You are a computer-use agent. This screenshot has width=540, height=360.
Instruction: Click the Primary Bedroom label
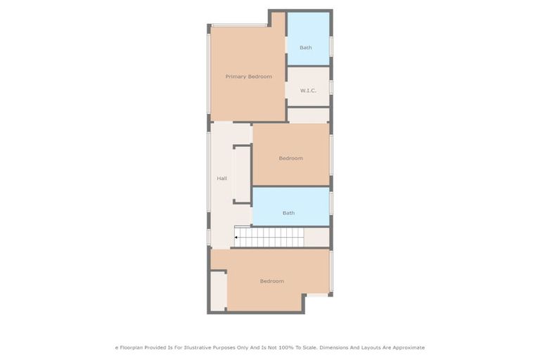pos(248,77)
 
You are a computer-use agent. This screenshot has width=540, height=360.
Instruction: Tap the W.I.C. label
pos(307,91)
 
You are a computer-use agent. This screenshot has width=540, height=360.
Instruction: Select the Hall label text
pos(221,179)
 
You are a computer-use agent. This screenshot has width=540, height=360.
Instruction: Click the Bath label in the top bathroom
pos(305,48)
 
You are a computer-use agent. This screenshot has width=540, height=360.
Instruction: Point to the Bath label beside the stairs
pos(288,213)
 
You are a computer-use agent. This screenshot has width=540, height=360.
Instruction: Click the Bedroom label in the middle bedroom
pos(290,158)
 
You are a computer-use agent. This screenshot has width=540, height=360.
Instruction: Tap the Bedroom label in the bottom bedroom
pos(271,281)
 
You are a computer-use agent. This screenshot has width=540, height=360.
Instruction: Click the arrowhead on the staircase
pos(236,238)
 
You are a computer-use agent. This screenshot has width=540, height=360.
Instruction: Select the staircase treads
pos(270,237)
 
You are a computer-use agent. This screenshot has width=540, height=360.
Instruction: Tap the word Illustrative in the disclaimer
pos(202,347)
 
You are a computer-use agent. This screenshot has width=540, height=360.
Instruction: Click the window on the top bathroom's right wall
pos(331,46)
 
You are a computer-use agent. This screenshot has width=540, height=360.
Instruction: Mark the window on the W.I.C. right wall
pos(331,86)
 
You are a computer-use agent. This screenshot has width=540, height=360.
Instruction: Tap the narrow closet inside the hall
pos(241,174)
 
